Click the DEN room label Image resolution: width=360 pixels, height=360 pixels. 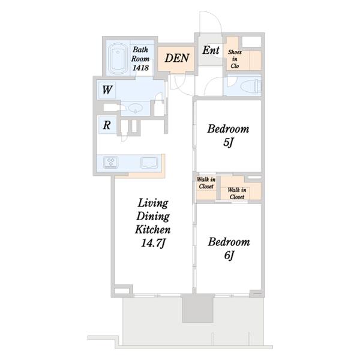point(177,58)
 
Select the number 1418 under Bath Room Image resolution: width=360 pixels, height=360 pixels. point(140,68)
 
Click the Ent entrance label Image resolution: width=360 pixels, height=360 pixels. point(211,50)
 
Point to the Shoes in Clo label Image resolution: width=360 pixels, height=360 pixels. point(235,59)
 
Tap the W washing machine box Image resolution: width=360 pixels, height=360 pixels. point(107,90)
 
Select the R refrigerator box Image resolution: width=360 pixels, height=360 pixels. point(107,125)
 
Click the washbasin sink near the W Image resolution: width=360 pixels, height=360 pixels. point(135,108)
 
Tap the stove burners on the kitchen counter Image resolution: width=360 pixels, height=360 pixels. point(111,163)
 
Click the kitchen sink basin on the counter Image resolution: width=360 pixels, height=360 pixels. point(149,163)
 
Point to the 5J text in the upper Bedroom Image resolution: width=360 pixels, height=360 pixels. point(228,143)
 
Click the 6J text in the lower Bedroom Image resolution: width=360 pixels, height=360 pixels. point(229,256)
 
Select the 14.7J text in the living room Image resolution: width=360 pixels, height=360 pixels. point(153,243)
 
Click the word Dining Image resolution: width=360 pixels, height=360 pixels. point(153,217)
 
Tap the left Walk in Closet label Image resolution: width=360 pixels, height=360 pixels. point(206,183)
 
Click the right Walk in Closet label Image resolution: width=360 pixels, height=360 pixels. point(237,193)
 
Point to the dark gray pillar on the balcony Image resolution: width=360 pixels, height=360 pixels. point(198,308)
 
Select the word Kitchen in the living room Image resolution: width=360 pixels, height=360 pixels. point(153,230)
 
